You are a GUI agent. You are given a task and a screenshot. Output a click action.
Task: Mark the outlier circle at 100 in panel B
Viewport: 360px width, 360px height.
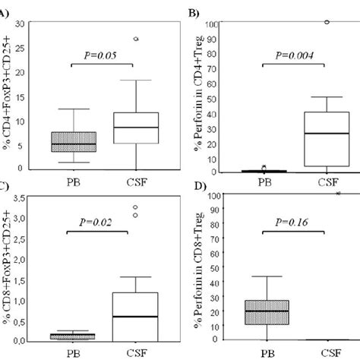point(327,22)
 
